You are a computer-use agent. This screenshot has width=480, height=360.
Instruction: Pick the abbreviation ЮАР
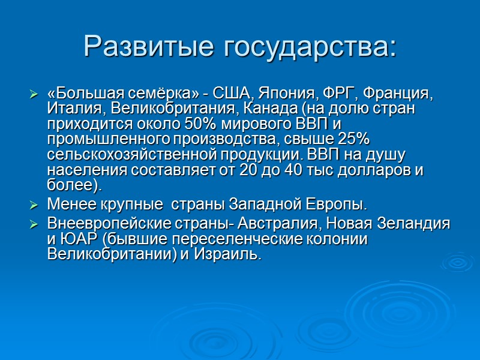point(76,239)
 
